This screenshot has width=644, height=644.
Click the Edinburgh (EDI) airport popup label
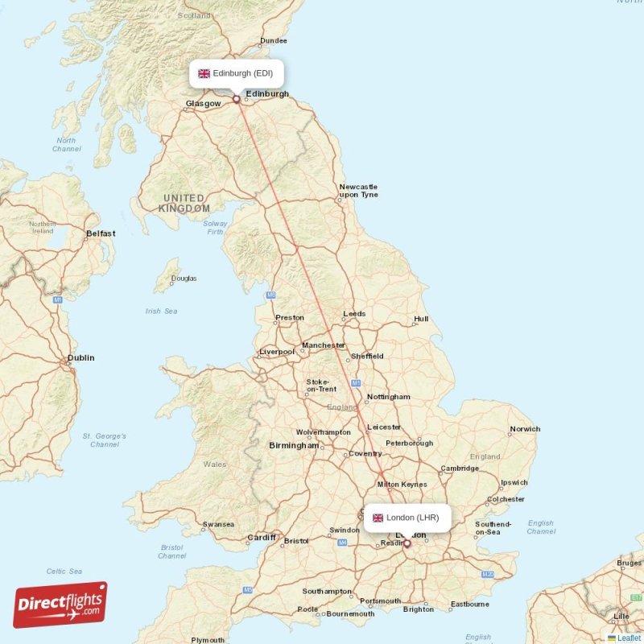[237, 73]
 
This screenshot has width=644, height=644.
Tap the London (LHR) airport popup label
[407, 518]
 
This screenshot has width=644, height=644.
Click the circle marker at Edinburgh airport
[237, 100]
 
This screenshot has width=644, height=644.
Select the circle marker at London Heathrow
[407, 544]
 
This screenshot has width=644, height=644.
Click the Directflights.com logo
[60, 605]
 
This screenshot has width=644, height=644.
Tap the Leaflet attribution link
[629, 638]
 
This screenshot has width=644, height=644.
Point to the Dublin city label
[80, 358]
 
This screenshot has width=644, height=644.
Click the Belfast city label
[101, 233]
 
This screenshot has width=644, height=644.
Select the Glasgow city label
[203, 104]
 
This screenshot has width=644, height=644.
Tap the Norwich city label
[525, 429]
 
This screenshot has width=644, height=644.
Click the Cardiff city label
[262, 538]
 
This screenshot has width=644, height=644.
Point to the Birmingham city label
[294, 445]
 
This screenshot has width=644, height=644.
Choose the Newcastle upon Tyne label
[358, 190]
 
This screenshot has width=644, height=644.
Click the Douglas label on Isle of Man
[184, 279]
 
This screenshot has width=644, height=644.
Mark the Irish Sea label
[161, 311]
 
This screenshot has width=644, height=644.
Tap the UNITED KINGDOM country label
[184, 203]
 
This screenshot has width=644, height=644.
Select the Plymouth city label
[208, 640]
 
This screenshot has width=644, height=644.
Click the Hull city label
[420, 320]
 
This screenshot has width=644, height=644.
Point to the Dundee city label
[273, 40]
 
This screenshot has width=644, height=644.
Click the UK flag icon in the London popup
[378, 518]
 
